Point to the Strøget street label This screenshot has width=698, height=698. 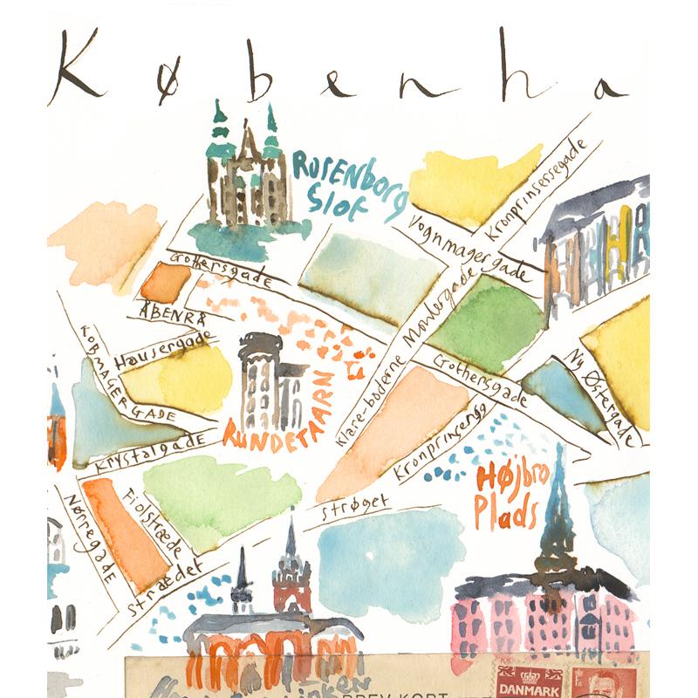348,510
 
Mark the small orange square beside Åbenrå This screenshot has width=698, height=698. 166,283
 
